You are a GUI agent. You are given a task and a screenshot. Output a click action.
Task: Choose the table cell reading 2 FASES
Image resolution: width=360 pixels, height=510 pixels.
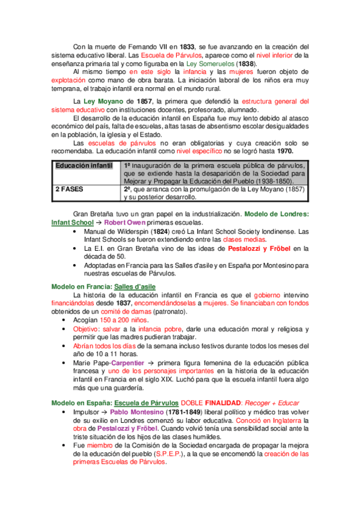tap(71, 188)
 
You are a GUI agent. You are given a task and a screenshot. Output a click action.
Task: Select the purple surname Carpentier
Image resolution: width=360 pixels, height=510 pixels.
tap(128, 363)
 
